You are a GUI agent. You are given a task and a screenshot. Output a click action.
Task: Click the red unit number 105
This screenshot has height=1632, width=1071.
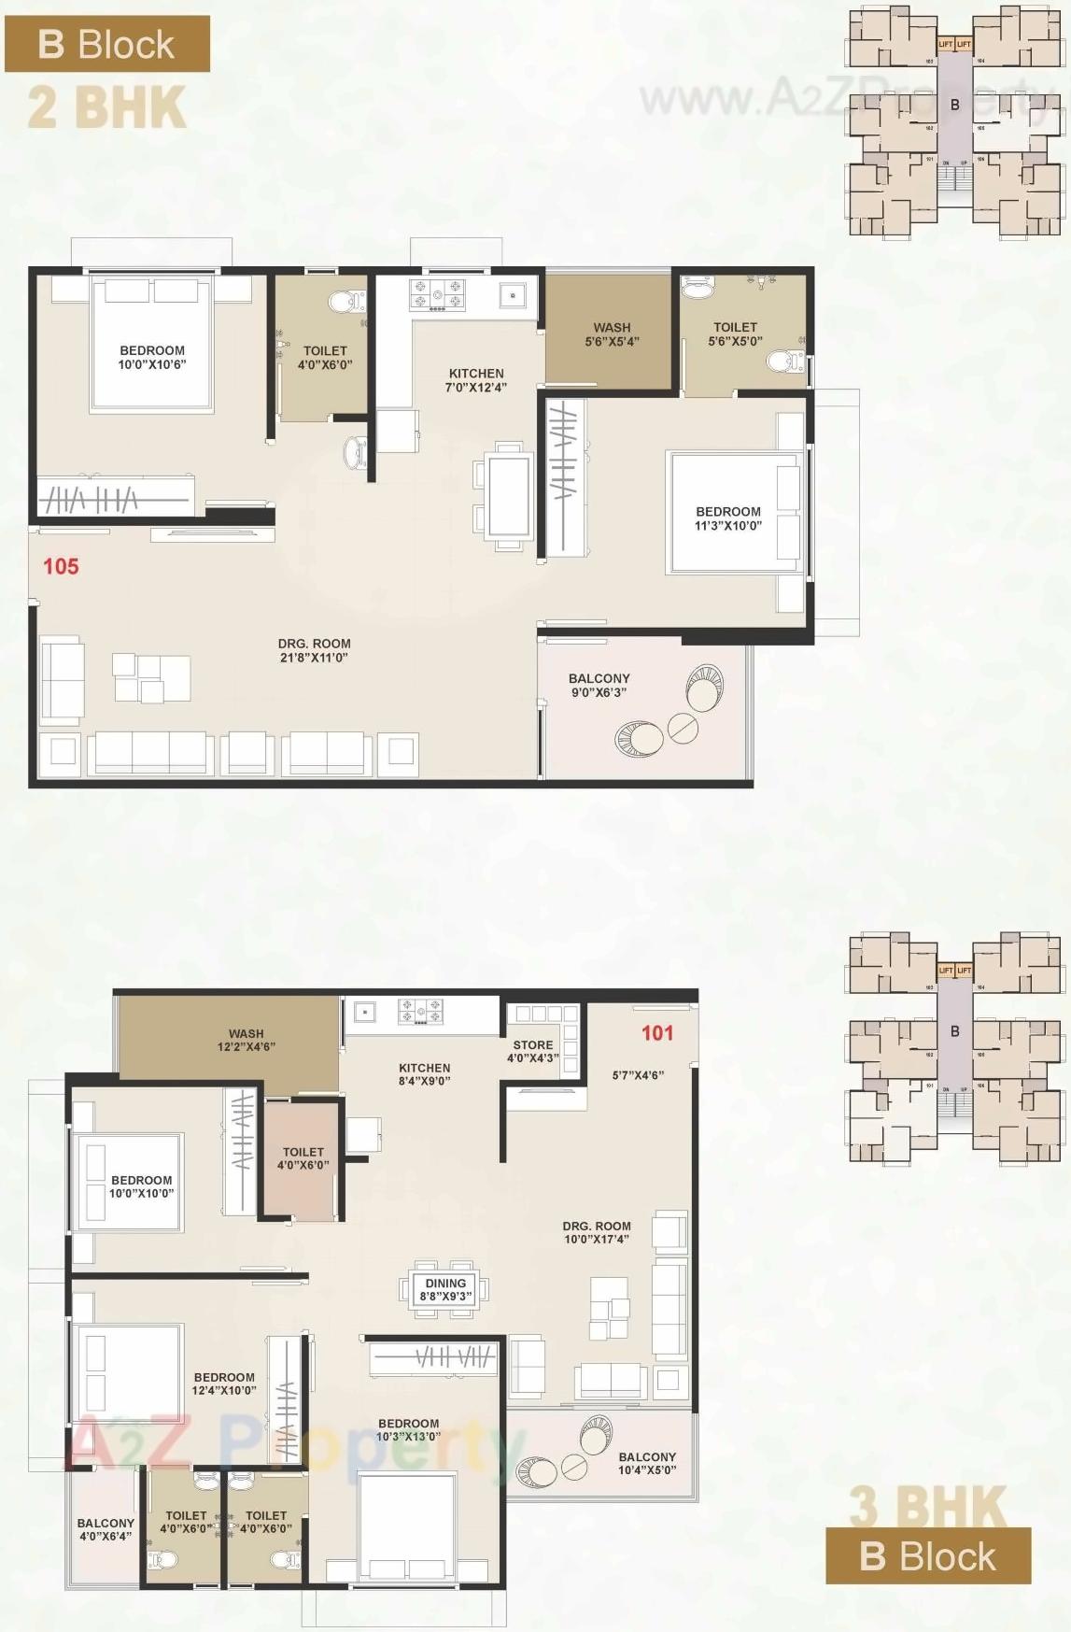coord(61,566)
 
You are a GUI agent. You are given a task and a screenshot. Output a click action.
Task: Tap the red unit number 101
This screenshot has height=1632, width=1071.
coord(657,1032)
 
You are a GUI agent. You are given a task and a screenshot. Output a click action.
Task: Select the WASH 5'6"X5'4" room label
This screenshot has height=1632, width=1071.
coord(612,334)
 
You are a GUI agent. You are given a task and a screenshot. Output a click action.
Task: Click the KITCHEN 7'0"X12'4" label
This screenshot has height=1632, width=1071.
coord(476,380)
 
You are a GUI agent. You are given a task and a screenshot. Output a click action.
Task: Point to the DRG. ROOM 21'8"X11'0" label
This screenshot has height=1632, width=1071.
coord(314,650)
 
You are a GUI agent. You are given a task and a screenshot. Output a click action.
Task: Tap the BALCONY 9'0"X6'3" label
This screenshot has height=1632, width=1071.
coord(599,686)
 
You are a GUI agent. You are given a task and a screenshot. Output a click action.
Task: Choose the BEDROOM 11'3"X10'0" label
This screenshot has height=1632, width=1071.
coord(728,518)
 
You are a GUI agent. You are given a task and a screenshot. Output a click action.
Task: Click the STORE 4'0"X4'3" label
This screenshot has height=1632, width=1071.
coord(533,1052)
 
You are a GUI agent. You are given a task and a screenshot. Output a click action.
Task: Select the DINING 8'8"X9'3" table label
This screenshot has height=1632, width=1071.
coord(445,1290)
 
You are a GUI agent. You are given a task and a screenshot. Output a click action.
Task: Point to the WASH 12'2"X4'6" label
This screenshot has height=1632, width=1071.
coord(246,1041)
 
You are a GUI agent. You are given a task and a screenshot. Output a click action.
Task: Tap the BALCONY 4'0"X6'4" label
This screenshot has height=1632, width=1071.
coord(106,1529)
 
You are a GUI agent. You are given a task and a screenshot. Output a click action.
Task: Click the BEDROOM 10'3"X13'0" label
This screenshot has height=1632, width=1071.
coord(408,1430)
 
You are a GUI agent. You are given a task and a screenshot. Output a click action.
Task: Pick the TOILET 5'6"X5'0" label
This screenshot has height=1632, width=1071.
coord(735,334)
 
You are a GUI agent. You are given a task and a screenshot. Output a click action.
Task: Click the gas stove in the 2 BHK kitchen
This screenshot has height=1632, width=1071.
coord(438,294)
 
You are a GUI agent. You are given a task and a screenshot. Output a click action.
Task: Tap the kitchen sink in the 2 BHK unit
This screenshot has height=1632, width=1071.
coord(512,295)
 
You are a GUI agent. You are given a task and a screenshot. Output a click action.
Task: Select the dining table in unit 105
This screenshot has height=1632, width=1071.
coord(509,494)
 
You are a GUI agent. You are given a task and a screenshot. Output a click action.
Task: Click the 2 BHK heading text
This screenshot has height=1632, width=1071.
coord(106,107)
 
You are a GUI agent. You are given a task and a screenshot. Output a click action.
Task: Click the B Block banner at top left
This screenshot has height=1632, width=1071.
coord(106,45)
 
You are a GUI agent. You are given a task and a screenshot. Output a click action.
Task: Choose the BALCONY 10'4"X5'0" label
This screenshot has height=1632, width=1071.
coord(647,1464)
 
